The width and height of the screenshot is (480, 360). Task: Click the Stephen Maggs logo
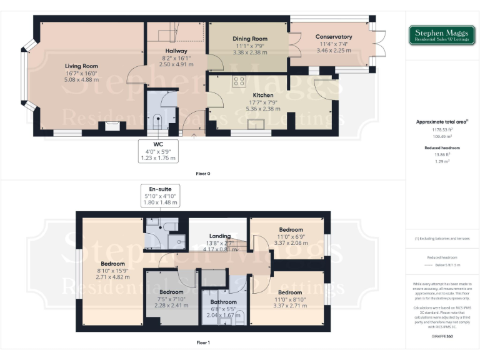(441, 36)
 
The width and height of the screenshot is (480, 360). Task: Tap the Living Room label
(81, 66)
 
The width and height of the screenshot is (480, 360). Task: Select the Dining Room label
(249, 39)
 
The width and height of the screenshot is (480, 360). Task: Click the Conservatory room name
(334, 37)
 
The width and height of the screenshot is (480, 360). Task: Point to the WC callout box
(159, 151)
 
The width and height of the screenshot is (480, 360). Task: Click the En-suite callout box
(160, 195)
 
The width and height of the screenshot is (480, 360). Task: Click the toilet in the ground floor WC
(157, 120)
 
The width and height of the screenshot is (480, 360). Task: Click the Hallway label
(176, 51)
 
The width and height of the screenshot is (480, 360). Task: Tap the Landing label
(220, 236)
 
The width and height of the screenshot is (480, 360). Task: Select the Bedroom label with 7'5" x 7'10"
(171, 292)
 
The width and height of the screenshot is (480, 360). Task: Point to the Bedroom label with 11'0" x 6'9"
(290, 229)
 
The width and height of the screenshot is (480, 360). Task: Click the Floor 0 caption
(202, 173)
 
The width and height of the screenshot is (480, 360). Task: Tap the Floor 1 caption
(202, 342)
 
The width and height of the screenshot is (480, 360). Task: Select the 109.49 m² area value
(441, 136)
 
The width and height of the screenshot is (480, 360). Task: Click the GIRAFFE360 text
(441, 337)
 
